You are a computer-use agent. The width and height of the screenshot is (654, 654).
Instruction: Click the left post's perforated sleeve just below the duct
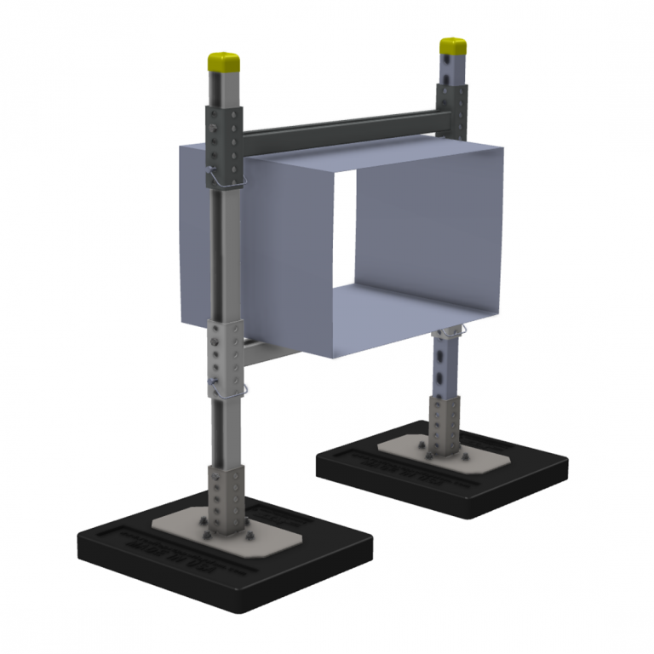[225, 358]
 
